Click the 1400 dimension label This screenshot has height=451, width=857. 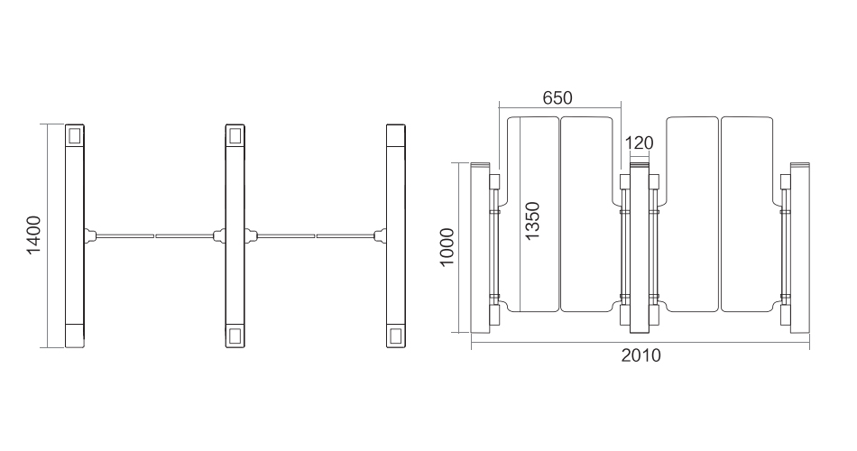[x=34, y=235]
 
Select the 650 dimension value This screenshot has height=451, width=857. [x=558, y=97]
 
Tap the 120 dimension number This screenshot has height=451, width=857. [x=639, y=143]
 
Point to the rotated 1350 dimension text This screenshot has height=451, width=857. [x=532, y=220]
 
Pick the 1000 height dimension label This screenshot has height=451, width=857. [x=447, y=247]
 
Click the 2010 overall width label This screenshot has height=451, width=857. [x=640, y=356]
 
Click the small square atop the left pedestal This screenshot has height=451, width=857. [x=74, y=134]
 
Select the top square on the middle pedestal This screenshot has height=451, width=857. [x=235, y=135]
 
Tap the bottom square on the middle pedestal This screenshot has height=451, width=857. [x=235, y=336]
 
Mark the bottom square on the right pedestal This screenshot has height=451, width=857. [x=396, y=336]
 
